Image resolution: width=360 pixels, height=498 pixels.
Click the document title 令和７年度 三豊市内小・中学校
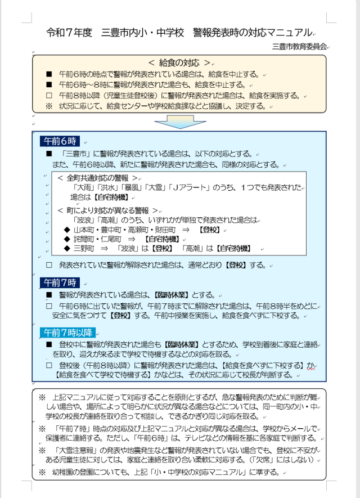click(115, 32)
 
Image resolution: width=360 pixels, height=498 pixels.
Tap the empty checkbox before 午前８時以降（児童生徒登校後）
click(49, 95)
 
